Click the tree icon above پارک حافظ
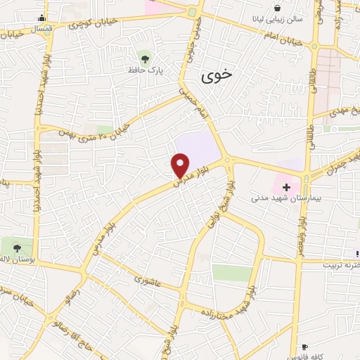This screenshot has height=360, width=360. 145,58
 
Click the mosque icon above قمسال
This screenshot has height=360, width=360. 44,18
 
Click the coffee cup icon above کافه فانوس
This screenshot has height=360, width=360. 304,347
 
